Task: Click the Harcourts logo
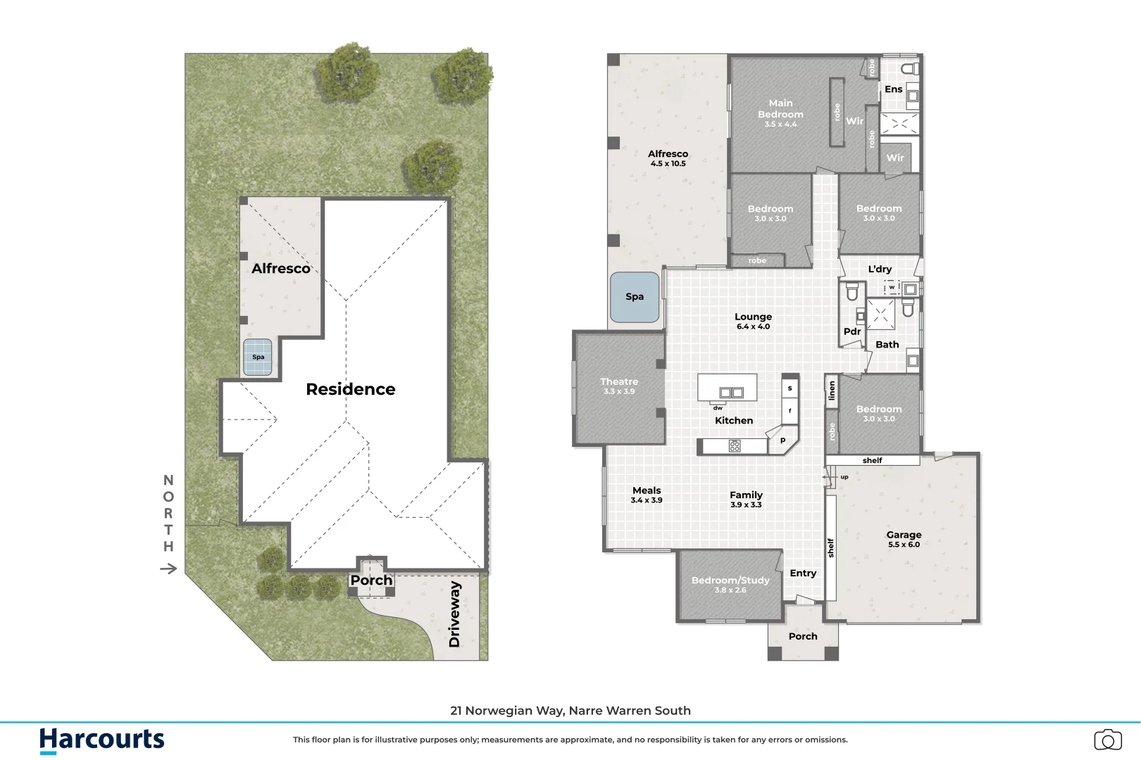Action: (102, 740)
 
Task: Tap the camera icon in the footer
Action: (1108, 740)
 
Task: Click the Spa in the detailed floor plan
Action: (635, 297)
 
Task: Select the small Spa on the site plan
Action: (258, 357)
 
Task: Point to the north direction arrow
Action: (168, 569)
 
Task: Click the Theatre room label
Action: (619, 386)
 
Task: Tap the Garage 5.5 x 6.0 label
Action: (904, 539)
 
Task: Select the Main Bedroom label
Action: (780, 113)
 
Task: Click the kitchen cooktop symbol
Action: (735, 445)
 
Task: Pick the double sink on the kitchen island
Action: (731, 393)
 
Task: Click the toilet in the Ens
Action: (910, 68)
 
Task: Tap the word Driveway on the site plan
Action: (454, 614)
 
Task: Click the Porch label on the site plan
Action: (371, 580)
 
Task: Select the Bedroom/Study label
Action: (730, 584)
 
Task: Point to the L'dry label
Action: (880, 269)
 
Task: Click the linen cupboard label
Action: (832, 391)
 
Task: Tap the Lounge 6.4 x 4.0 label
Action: (753, 321)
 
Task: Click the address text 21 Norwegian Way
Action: (570, 711)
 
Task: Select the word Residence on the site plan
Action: (350, 389)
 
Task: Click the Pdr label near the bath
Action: (852, 331)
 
